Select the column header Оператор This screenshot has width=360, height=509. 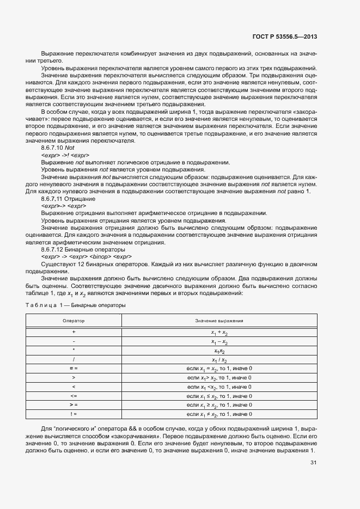click(74, 321)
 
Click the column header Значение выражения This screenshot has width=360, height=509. click(219, 321)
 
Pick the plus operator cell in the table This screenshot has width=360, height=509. click(74, 331)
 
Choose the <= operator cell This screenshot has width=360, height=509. click(74, 395)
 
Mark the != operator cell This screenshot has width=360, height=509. click(74, 414)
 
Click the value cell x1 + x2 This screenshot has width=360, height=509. click(219, 332)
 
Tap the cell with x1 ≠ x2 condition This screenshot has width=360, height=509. click(219, 414)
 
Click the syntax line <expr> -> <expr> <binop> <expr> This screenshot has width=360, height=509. click(86, 256)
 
